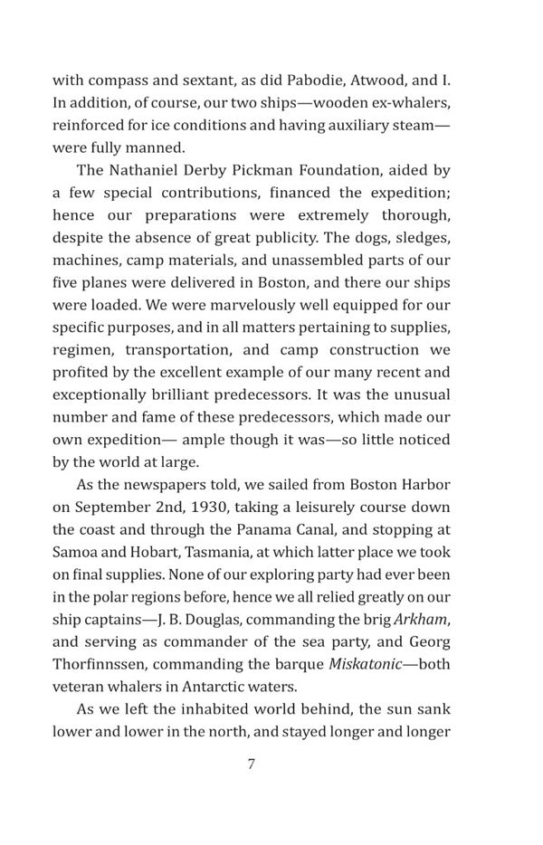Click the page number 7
251,764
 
